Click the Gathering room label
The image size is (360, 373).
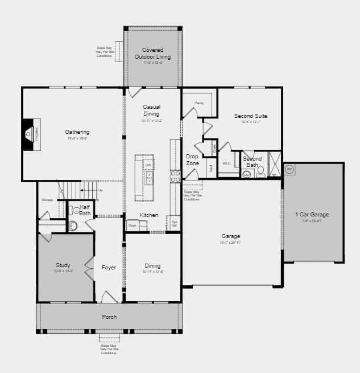click(x=77, y=132)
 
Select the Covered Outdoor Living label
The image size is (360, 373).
click(x=152, y=53)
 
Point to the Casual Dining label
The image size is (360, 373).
click(x=151, y=110)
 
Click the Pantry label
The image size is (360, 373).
click(x=199, y=103)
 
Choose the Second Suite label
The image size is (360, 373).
click(x=250, y=116)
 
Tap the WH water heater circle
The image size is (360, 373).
click(x=289, y=169)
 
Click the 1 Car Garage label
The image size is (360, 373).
click(x=312, y=215)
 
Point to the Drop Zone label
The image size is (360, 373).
click(x=192, y=160)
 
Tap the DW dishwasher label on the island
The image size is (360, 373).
click(x=148, y=166)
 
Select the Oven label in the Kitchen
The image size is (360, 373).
click(x=132, y=225)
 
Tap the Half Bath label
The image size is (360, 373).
click(x=84, y=210)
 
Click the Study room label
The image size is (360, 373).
click(x=63, y=265)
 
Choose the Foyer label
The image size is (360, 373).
click(x=109, y=267)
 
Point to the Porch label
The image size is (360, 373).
click(x=109, y=317)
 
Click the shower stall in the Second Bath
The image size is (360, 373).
click(x=275, y=165)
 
